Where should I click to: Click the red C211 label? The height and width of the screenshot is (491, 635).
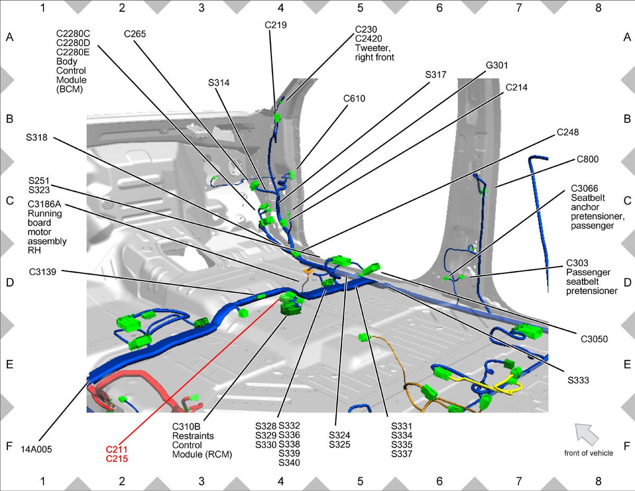[116, 449]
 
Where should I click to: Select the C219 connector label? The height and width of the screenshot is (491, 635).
[276, 25]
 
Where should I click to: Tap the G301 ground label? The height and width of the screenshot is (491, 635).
[497, 65]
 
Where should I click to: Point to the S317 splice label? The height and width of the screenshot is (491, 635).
[436, 75]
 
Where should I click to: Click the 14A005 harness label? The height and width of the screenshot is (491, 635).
[36, 449]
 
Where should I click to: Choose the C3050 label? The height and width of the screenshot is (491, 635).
[594, 339]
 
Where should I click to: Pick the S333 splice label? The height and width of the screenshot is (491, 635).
[578, 380]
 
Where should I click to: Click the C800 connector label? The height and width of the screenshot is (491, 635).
[587, 159]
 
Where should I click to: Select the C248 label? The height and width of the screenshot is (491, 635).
[567, 132]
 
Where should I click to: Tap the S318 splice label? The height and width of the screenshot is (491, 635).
[37, 137]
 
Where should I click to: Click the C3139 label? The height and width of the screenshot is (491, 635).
[42, 272]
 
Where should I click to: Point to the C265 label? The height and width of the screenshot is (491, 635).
[135, 34]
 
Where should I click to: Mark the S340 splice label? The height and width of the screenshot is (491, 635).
[289, 462]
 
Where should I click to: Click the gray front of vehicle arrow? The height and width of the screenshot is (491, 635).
[586, 434]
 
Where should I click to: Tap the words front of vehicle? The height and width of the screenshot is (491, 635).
[588, 453]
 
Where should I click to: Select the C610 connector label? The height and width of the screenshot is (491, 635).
[354, 99]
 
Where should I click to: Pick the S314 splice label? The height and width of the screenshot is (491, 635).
[219, 83]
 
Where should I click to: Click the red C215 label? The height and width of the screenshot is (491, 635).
[116, 459]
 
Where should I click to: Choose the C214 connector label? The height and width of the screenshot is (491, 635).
[516, 87]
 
